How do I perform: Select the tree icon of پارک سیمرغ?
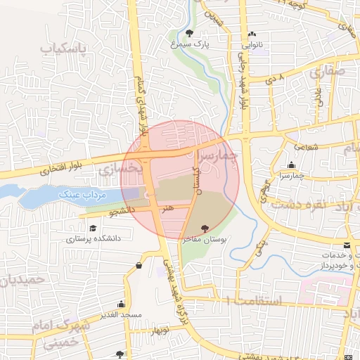pos(191,33)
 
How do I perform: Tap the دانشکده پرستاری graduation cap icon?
pos(93,228)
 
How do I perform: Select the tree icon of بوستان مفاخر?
pos(205,228)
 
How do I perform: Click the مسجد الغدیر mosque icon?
pos(122,304)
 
